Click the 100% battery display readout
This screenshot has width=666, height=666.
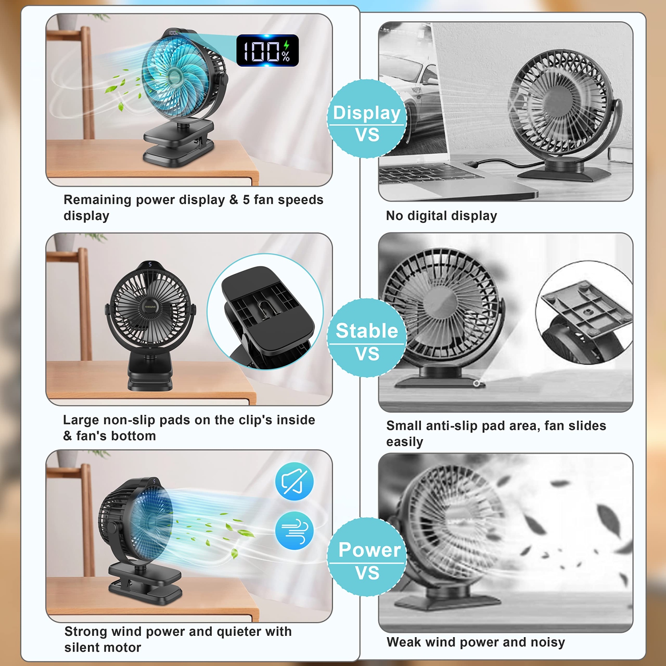pos(267,51)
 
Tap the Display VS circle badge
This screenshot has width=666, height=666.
pos(367,119)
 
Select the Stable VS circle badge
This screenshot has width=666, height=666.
pos(367,338)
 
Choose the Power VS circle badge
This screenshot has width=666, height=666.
pos(367,557)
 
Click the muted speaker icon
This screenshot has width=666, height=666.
pos(294,481)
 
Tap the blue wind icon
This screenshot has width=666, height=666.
pos(294,531)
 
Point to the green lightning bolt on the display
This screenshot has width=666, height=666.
pos(287,45)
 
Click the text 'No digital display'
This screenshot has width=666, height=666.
pos(441,216)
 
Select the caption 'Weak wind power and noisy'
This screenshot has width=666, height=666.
pos(476,642)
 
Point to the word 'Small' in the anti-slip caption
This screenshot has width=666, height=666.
pos(404,426)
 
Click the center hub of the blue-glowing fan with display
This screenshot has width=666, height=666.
pos(174,77)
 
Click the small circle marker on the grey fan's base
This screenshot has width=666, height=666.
pos(476,383)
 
